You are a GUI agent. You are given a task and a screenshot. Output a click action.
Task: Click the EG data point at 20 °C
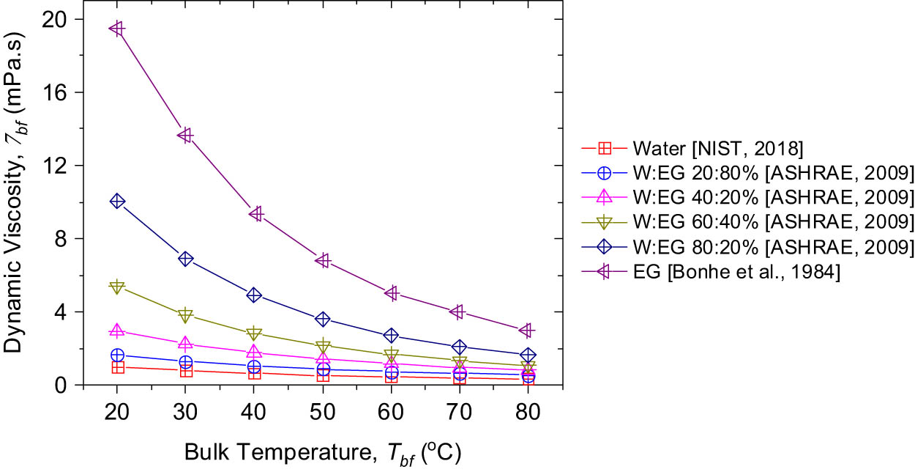click(x=117, y=29)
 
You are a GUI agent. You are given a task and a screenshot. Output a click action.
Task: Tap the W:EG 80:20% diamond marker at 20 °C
click(x=117, y=201)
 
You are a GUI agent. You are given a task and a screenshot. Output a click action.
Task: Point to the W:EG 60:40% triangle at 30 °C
click(x=185, y=316)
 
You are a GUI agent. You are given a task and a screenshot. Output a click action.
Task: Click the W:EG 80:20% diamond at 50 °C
click(x=324, y=319)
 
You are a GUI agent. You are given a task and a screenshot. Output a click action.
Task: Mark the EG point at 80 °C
click(x=528, y=330)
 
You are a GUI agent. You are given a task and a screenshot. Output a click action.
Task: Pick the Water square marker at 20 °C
click(x=117, y=367)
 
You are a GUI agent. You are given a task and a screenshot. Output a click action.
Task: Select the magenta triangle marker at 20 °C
click(x=117, y=331)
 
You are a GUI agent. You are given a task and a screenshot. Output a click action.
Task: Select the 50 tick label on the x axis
click(x=324, y=412)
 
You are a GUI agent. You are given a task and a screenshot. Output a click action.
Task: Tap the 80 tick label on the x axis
click(x=528, y=412)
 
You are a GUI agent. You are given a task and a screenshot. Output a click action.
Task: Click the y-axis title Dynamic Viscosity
click(x=16, y=199)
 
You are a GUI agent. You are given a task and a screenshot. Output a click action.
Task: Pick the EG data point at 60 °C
click(x=392, y=293)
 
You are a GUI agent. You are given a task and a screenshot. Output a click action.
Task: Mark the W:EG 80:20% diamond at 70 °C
click(x=460, y=347)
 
